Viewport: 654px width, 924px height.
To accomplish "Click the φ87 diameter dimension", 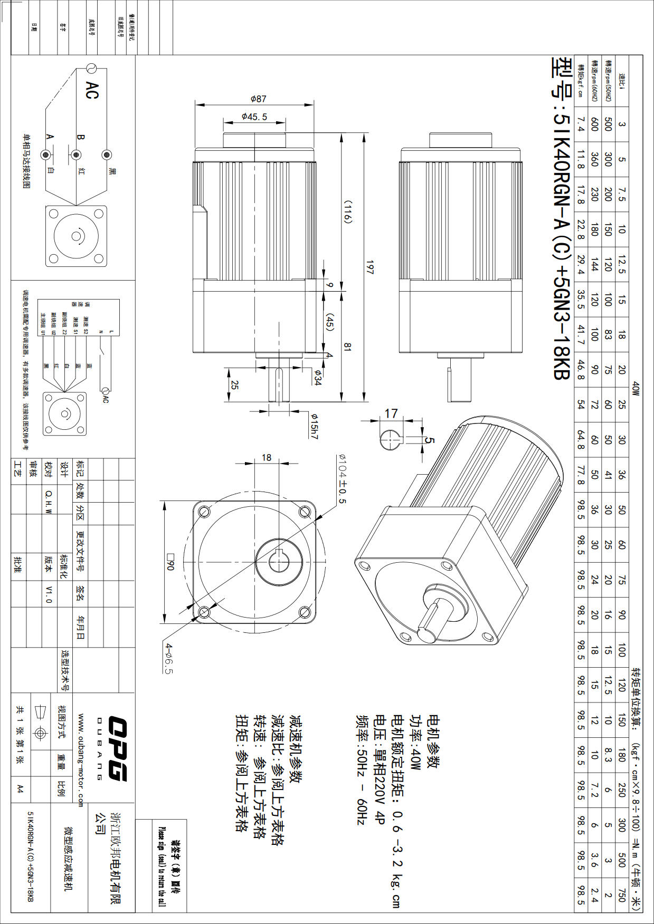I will pyautogui.click(x=258, y=99).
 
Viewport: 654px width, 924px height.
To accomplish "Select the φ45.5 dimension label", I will pyautogui.click(x=254, y=117).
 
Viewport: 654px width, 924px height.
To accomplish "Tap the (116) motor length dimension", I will pyautogui.click(x=348, y=211).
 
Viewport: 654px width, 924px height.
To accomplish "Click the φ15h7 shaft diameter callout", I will pyautogui.click(x=314, y=426).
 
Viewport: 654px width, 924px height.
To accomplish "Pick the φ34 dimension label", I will pyautogui.click(x=317, y=378).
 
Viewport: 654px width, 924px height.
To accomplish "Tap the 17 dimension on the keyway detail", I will pyautogui.click(x=391, y=413).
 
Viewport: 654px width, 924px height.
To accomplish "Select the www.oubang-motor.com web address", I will pyautogui.click(x=81, y=760).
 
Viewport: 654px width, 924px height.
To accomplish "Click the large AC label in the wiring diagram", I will pyautogui.click(x=91, y=90).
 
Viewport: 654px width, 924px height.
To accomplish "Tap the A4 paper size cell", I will pyautogui.click(x=20, y=788).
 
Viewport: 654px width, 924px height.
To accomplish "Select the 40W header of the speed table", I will pyautogui.click(x=636, y=389).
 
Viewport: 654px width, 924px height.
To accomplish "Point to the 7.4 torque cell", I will pyautogui.click(x=581, y=124).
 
